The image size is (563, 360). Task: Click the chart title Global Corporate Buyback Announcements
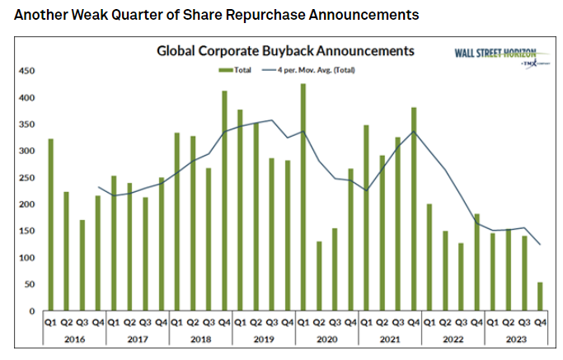(x=285, y=51)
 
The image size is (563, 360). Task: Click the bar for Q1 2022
(x=429, y=256)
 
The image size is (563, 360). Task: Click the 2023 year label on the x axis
(x=510, y=337)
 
